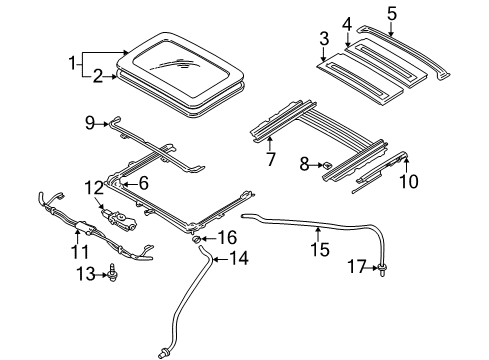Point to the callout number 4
click(x=346, y=23)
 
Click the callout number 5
click(x=392, y=13)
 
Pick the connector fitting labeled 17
click(x=382, y=266)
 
